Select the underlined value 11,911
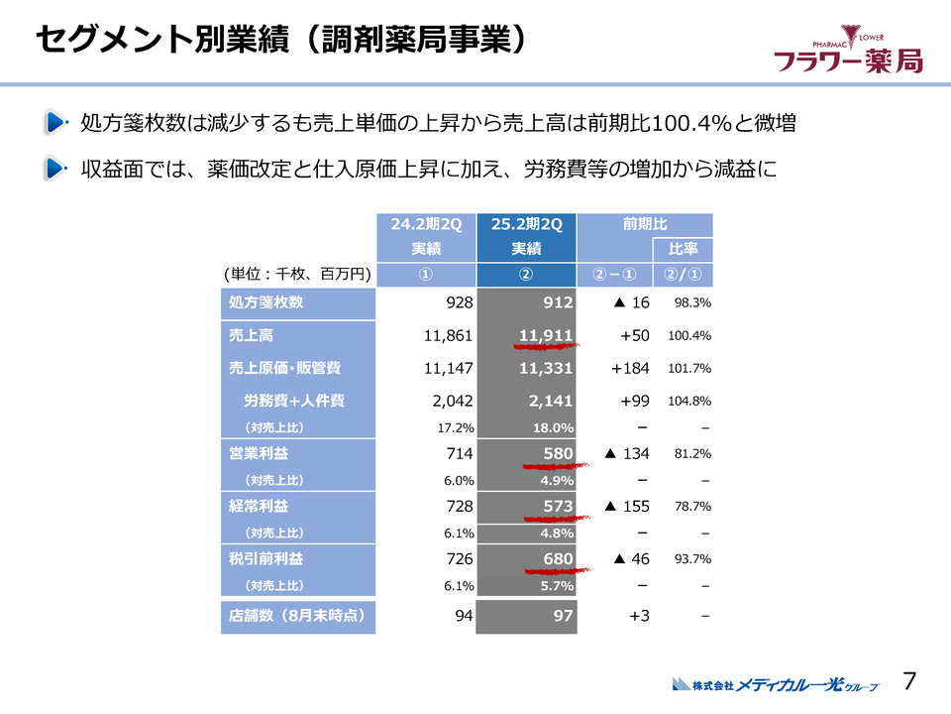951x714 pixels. [x=546, y=336]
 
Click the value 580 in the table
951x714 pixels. [x=558, y=453]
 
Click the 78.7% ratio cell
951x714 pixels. [x=692, y=507]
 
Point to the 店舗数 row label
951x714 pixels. [x=297, y=615]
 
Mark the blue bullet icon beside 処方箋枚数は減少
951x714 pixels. [x=55, y=124]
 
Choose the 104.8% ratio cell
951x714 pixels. [x=690, y=402]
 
